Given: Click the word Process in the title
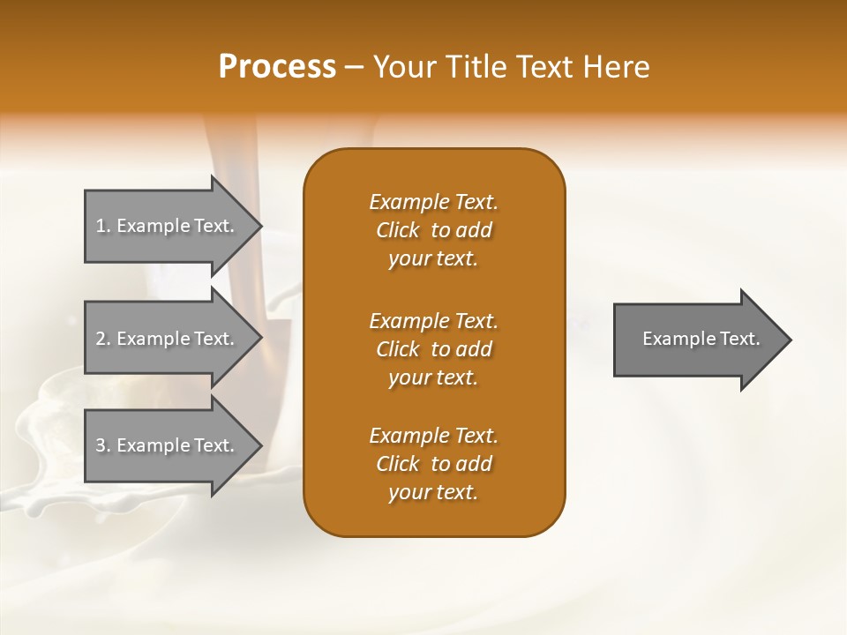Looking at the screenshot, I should pos(277,66).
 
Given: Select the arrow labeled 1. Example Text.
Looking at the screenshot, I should pos(168,226).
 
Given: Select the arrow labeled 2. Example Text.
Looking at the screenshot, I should pos(168,339).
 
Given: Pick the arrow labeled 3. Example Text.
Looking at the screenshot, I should pos(168,445).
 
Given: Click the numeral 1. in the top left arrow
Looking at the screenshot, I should pos(103,226).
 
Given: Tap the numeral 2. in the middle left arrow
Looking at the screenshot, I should pos(103,339).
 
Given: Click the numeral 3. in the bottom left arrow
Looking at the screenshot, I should pos(103,445).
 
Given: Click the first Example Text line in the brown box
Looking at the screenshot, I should pos(433,202).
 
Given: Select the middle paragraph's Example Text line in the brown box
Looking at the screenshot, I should pos(433,320).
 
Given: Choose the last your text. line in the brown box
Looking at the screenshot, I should pos(433,493).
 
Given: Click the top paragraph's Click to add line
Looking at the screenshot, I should pos(433,230).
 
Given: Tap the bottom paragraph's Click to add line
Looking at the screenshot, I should pos(433,464).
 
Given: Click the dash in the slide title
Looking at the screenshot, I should pos(355,67).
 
